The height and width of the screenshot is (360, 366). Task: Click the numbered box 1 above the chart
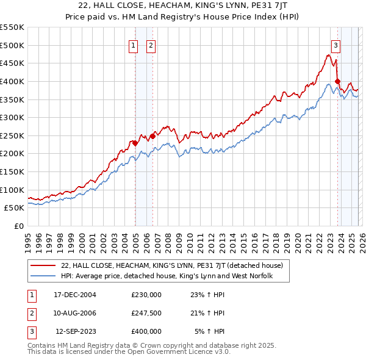coord(133,45)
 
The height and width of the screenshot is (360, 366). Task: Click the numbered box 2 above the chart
coord(151,45)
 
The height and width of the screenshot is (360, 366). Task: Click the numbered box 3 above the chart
coord(335,45)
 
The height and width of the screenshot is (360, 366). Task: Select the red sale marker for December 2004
coord(135,143)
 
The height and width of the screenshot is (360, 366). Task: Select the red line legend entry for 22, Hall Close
coord(171,266)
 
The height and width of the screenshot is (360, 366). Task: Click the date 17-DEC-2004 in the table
coord(75,295)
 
